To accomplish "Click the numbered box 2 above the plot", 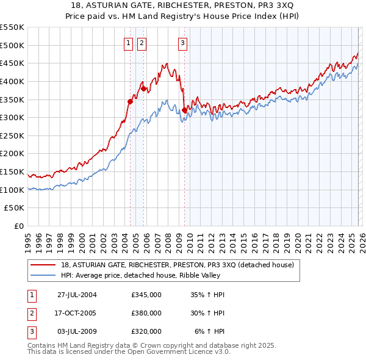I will (x=142, y=43).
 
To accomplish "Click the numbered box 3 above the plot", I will (x=182, y=43).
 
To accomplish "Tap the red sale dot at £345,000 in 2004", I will (x=130, y=101).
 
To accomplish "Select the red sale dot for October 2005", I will (x=144, y=88).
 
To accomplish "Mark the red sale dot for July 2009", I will (x=184, y=110).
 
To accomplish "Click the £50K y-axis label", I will (x=15, y=208).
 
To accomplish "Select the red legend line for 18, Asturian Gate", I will (x=44, y=265).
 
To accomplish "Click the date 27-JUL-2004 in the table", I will (x=77, y=295).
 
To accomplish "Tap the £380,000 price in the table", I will (x=146, y=313).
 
